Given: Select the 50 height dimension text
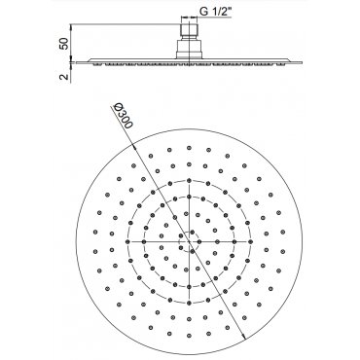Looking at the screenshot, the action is pyautogui.click(x=65, y=44).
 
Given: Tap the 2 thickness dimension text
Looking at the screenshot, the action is pyautogui.click(x=65, y=77).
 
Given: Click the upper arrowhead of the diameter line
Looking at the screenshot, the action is pyautogui.click(x=134, y=146).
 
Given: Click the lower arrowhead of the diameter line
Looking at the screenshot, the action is pyautogui.click(x=244, y=337).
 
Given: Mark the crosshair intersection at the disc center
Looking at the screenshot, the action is pyautogui.click(x=189, y=241).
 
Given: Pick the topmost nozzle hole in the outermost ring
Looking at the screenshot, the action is pyautogui.click(x=189, y=148).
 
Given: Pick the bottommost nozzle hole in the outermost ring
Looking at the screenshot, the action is pyautogui.click(x=189, y=336).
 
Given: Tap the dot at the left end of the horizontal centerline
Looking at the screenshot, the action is pyautogui.click(x=127, y=241).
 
